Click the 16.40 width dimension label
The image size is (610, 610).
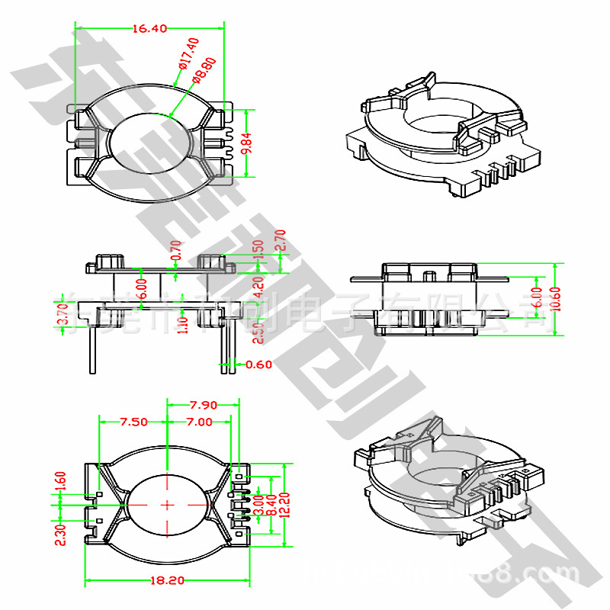149,29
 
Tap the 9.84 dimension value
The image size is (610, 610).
246,143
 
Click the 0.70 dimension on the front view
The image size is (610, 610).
176,249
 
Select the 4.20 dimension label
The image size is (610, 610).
258,287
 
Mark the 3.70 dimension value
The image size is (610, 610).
63,314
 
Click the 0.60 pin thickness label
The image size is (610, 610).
259,364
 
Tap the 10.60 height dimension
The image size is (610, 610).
555,298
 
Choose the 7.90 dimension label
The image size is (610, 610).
204,404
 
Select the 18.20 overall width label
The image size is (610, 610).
168,580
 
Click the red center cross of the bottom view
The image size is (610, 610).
167,504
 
